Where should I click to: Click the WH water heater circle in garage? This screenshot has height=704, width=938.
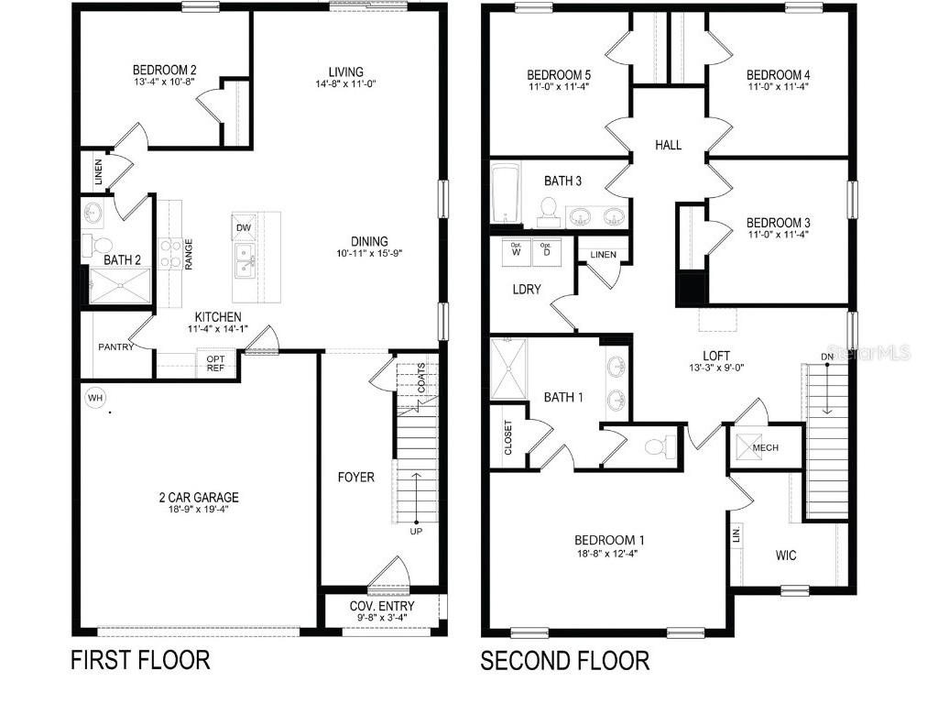point(95,398)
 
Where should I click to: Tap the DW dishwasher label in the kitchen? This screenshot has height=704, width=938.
point(243,227)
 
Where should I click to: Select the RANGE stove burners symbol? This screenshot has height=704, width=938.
point(170,252)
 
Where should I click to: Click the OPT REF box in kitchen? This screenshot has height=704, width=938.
point(216,364)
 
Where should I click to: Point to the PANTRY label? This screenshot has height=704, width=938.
point(116,346)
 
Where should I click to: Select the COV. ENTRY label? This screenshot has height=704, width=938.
point(382,607)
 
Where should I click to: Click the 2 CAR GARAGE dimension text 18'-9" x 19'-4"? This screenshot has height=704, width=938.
point(197,511)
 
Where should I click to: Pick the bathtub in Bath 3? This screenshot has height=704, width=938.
point(506,195)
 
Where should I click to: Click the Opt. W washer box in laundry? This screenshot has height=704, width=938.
point(516,250)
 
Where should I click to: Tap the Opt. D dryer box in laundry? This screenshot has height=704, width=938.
point(545,250)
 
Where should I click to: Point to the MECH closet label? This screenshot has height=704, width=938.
point(765,447)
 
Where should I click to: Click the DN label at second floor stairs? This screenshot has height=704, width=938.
point(827,356)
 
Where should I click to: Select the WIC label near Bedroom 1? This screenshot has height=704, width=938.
point(786,555)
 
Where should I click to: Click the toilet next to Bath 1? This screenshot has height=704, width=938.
point(657,447)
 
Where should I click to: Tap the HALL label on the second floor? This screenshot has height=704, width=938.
point(668,145)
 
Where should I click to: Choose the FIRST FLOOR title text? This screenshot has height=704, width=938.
point(140,660)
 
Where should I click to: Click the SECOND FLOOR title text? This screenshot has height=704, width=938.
point(565,660)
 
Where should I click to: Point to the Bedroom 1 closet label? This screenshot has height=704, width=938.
point(508,438)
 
